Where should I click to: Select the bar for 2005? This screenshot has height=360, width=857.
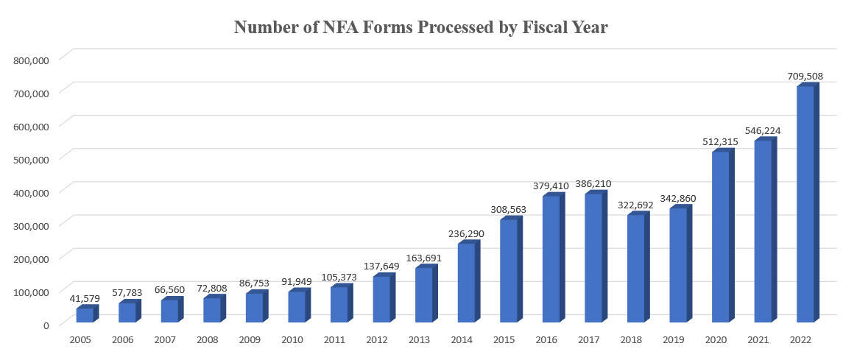(x=85, y=315)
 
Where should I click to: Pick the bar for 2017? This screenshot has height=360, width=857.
(x=593, y=258)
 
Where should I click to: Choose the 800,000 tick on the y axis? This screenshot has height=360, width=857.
(x=32, y=60)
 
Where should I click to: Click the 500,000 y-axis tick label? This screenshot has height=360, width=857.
(x=32, y=159)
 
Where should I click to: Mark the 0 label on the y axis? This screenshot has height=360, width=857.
(x=46, y=325)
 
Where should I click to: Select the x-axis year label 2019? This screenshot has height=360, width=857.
(x=674, y=341)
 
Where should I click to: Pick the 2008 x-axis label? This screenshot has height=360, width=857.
(x=208, y=341)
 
